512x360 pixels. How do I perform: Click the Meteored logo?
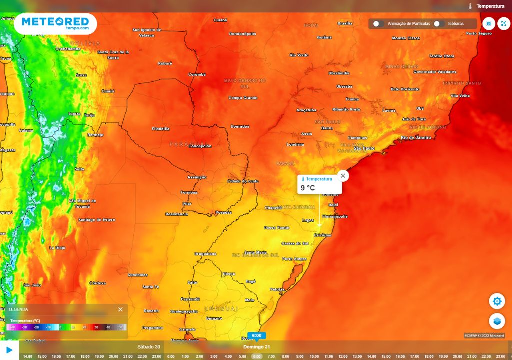[55, 23]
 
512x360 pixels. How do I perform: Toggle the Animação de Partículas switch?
[378, 23]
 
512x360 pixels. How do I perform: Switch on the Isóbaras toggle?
[439, 23]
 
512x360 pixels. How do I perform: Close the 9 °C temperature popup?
[343, 176]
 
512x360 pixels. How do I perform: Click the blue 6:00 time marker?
[256, 336]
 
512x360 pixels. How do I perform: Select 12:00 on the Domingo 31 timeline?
[343, 356]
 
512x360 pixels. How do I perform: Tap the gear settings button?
[497, 301]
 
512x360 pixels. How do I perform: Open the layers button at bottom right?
[497, 321]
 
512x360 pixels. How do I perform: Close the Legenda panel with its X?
[120, 309]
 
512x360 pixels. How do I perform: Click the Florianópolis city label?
[335, 216]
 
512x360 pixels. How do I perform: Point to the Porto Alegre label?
[294, 259]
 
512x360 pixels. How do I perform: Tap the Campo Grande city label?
[243, 98]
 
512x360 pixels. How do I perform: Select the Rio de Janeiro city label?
[415, 137]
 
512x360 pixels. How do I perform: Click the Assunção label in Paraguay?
[197, 177]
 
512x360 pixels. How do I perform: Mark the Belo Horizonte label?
[405, 89]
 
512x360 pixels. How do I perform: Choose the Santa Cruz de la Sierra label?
[113, 54]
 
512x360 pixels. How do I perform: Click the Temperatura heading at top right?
[490, 6]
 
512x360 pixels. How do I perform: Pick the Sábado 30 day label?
[149, 347]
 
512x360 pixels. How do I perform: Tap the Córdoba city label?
[97, 283]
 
